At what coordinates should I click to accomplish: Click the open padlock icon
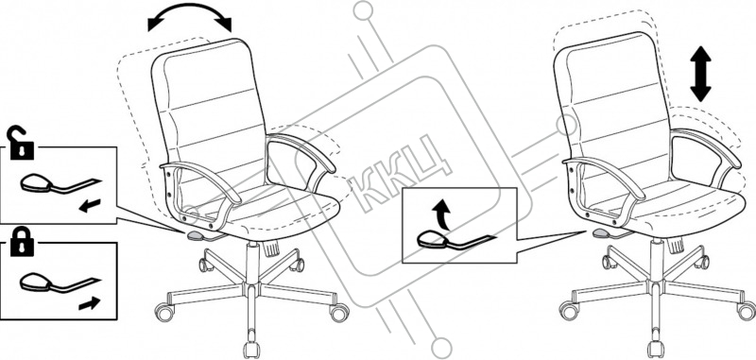pos(21,145)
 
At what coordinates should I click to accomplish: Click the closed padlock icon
pos(22,242)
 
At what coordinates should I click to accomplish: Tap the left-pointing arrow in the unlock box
pos(90,206)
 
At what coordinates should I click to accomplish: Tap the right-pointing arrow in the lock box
pos(89,303)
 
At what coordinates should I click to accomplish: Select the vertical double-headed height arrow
pos(700,75)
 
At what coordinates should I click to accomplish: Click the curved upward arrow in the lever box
pos(440,214)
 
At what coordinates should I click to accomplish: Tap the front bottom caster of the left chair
pos(251,349)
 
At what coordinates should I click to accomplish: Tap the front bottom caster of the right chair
pos(655,348)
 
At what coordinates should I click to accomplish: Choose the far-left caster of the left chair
pos(164,312)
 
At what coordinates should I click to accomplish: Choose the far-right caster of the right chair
pos(747,310)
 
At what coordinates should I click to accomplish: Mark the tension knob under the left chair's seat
pos(272,248)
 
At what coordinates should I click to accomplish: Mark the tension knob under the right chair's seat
pos(676,246)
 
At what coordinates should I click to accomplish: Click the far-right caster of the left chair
pos(339,313)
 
